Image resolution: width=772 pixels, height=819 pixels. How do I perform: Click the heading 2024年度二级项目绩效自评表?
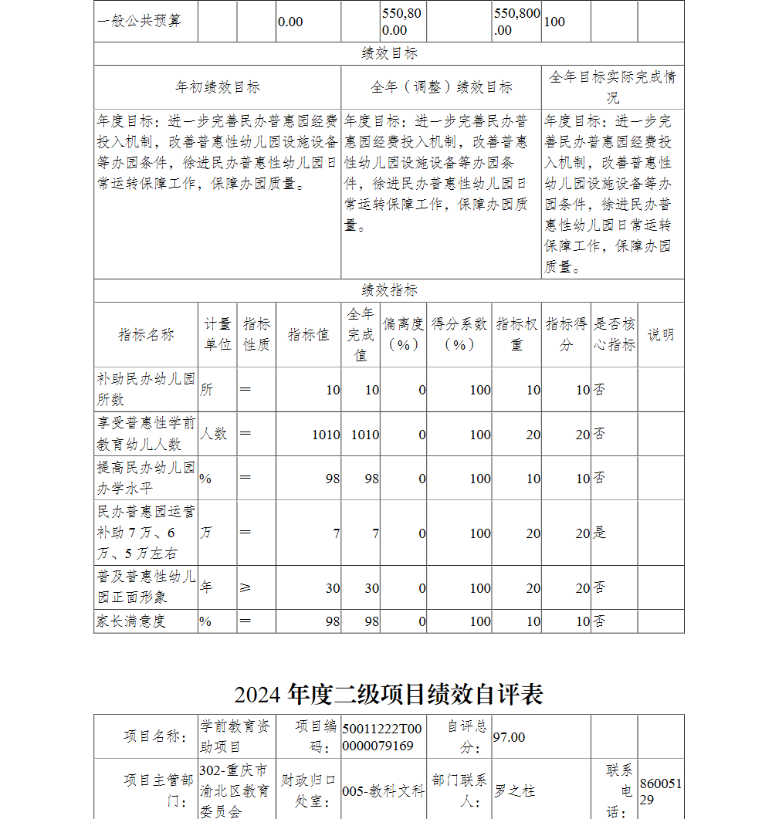click(x=388, y=695)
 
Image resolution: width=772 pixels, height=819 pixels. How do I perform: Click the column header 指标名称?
click(x=146, y=335)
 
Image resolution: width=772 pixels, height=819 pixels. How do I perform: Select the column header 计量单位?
click(x=218, y=335)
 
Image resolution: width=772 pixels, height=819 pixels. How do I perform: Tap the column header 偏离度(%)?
click(x=403, y=335)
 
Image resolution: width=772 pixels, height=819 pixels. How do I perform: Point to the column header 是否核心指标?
click(x=615, y=335)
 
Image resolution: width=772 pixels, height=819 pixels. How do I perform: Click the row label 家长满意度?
click(x=131, y=621)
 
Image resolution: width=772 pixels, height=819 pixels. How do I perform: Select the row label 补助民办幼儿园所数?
click(x=146, y=390)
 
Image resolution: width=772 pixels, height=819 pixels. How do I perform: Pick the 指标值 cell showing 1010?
click(x=325, y=435)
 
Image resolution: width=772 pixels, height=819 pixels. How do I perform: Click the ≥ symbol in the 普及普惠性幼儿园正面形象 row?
click(x=245, y=588)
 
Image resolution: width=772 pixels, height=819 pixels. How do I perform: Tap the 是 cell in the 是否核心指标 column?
click(x=600, y=533)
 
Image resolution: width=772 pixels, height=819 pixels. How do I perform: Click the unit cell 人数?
click(x=214, y=434)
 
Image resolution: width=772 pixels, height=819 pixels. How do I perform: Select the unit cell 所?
click(x=206, y=390)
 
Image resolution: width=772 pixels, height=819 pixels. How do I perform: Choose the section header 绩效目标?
click(x=389, y=54)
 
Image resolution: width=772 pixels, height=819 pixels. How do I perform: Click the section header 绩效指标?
click(x=389, y=291)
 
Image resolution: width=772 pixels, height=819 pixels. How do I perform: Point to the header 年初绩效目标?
click(x=218, y=87)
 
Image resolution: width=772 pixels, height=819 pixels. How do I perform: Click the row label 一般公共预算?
click(x=140, y=22)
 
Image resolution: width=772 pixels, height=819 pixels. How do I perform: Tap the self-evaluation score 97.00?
click(x=509, y=737)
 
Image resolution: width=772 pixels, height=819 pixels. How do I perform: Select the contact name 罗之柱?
click(x=515, y=791)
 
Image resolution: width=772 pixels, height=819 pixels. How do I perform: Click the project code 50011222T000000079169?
click(x=383, y=737)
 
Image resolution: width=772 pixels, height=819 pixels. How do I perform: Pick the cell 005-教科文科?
click(x=383, y=791)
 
